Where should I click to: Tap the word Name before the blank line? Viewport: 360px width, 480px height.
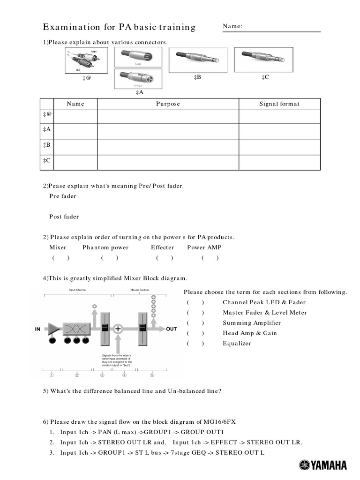(x=232, y=26)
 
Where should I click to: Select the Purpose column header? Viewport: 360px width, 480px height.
(x=168, y=104)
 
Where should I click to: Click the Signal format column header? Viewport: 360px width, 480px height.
(x=279, y=104)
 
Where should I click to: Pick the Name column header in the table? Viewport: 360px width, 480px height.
(x=75, y=104)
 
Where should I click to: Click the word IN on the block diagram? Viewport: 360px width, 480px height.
(x=38, y=329)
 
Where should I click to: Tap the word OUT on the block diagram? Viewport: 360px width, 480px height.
(x=172, y=329)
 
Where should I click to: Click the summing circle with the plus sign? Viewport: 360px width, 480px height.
(x=118, y=329)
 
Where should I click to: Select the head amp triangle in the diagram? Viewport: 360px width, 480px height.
(x=54, y=329)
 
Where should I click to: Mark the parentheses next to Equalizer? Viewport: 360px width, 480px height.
(x=195, y=344)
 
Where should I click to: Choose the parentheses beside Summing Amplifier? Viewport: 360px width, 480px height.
(x=195, y=323)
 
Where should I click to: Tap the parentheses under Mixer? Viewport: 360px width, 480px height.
(x=61, y=258)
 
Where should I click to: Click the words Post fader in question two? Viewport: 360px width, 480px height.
(x=64, y=217)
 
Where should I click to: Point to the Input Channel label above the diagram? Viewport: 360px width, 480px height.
(x=77, y=291)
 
